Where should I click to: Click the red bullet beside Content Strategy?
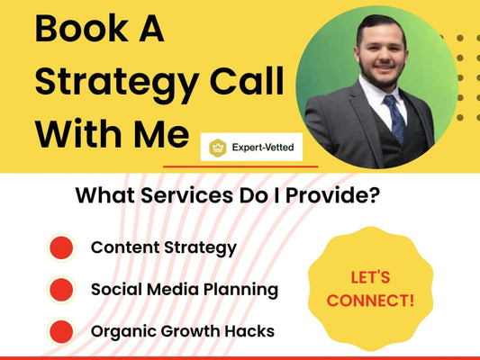[61, 247]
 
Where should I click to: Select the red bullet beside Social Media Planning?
[61, 290]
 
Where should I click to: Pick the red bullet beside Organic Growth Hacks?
[61, 331]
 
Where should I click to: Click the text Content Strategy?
[163, 247]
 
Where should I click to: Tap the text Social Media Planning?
[185, 290]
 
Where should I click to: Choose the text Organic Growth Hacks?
[183, 331]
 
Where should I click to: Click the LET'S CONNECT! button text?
[371, 287]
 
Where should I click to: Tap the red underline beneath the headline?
[240, 166]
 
